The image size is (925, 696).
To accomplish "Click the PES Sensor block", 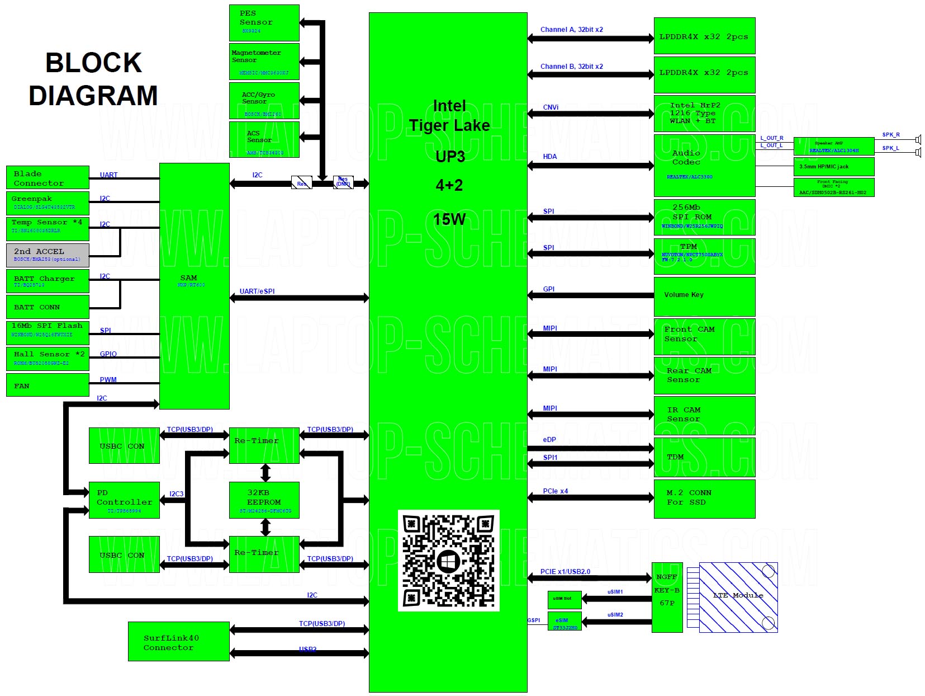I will (264, 22).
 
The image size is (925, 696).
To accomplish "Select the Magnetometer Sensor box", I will (264, 61).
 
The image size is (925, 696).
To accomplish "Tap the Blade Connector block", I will (48, 177).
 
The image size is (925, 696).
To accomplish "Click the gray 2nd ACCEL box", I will (48, 255).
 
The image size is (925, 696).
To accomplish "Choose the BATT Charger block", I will (48, 281).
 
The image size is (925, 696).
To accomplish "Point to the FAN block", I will (48, 385).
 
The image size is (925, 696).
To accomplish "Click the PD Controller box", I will (124, 500).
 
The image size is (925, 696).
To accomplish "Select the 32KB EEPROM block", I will (264, 500).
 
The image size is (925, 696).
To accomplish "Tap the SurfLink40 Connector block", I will (178, 641).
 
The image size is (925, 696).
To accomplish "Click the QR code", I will (448, 561).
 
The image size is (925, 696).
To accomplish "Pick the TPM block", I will (704, 256).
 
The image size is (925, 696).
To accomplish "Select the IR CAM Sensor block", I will (704, 415).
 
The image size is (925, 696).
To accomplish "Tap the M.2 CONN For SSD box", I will (704, 499).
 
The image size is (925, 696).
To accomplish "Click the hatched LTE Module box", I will (738, 598).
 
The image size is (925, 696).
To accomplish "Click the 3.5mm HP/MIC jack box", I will (833, 167).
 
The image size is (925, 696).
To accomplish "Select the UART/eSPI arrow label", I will (257, 291).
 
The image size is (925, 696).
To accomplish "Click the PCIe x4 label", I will (555, 491).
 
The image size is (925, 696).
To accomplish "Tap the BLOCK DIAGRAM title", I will (93, 79).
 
